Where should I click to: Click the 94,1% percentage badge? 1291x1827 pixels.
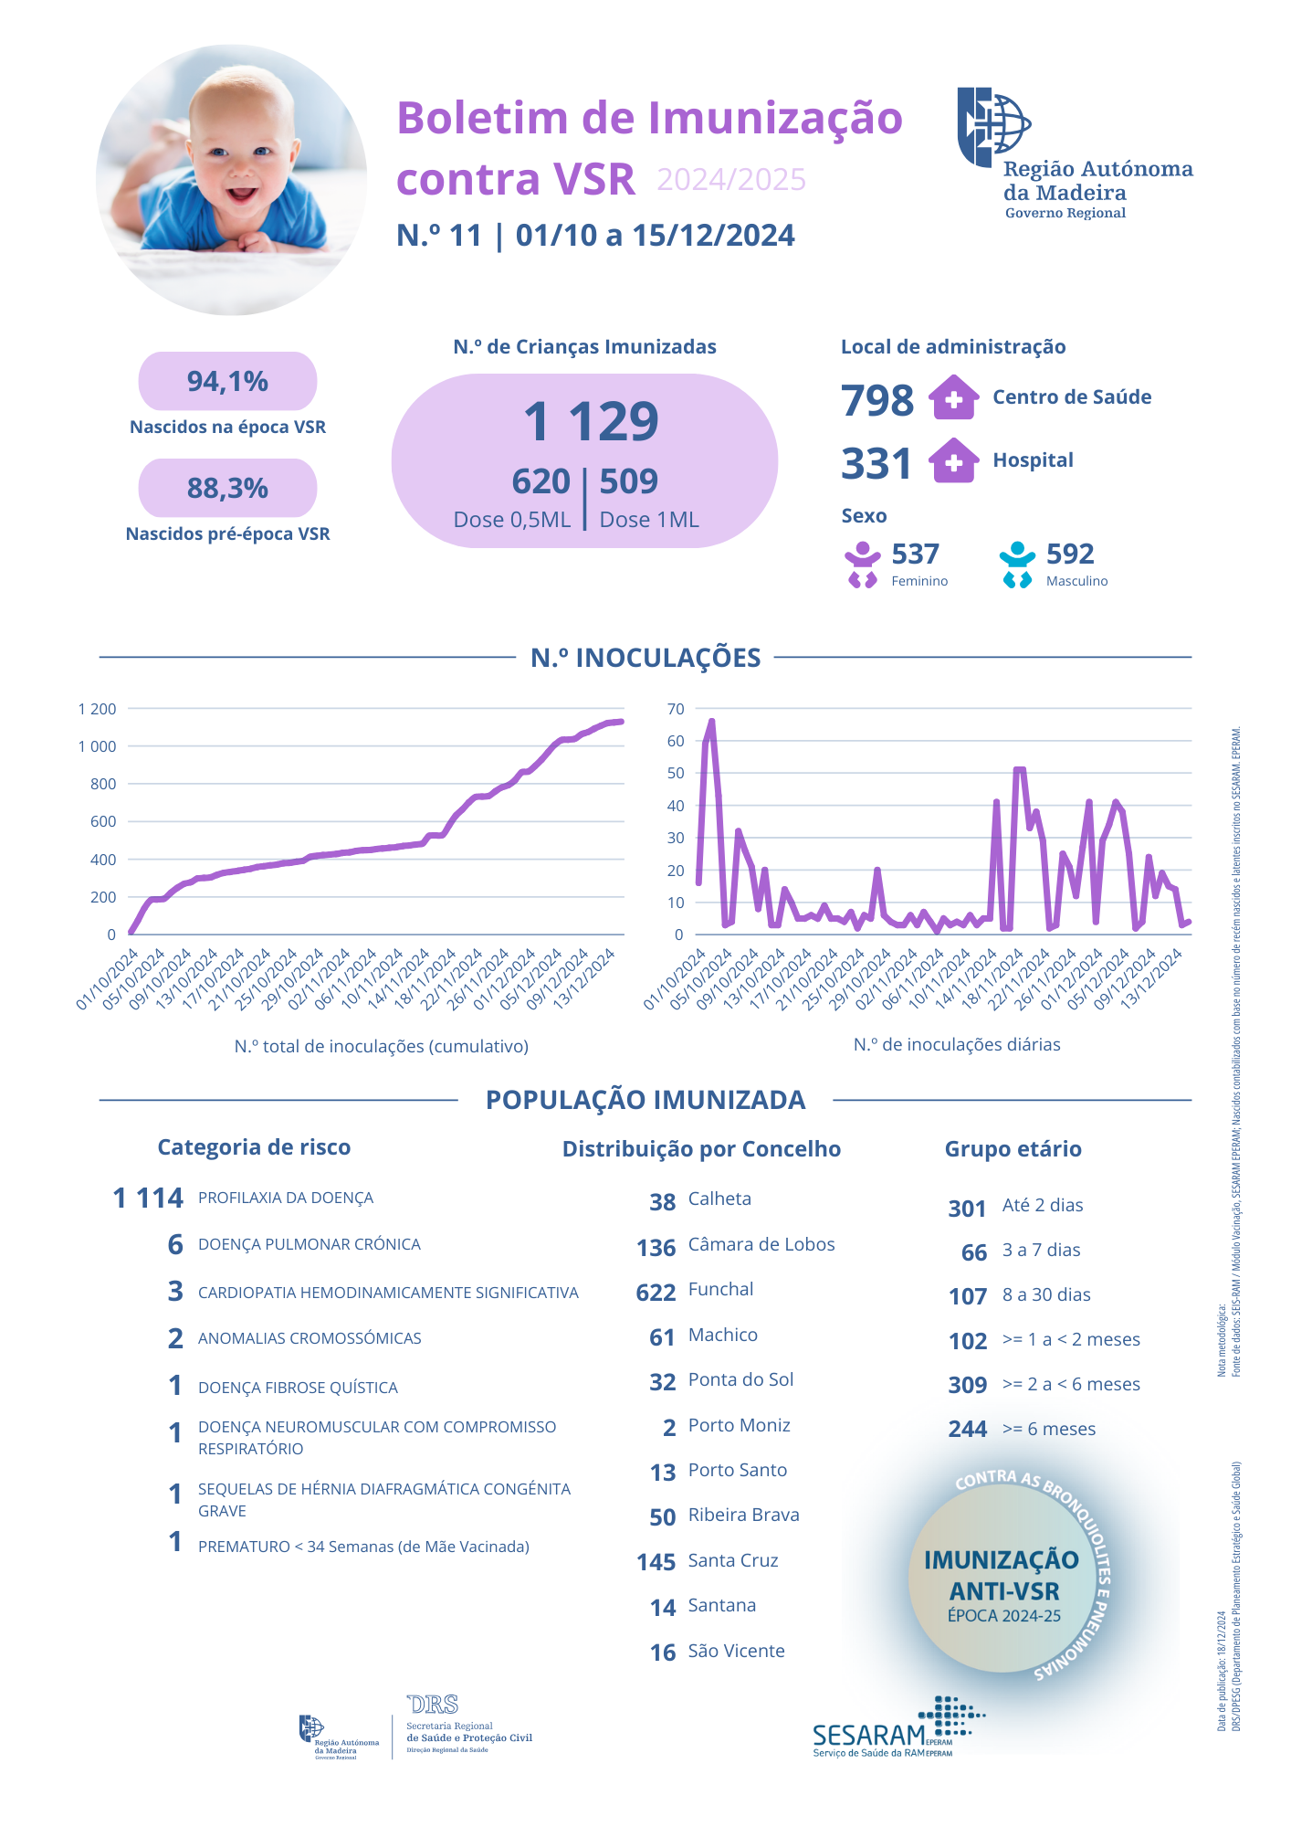point(227,381)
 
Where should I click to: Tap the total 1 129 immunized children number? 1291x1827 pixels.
point(591,421)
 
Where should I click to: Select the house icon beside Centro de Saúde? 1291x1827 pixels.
point(953,398)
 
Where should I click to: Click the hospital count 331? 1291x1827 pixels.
point(876,463)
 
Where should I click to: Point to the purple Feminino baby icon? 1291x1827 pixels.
point(862,565)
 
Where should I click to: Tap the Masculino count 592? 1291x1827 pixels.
point(1070,554)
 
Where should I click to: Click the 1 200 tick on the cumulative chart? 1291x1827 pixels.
point(98,709)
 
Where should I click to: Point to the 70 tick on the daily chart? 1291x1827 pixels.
point(676,709)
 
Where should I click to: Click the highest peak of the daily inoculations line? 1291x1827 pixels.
point(711,722)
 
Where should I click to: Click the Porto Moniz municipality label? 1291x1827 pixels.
point(739,1425)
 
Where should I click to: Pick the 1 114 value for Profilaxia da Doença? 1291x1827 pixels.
point(148,1198)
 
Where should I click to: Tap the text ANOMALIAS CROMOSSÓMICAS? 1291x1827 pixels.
point(310,1338)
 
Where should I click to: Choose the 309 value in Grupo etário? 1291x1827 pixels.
point(968,1385)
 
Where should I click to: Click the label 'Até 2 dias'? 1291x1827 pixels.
point(1043,1205)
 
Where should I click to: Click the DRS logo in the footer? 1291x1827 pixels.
point(433,1705)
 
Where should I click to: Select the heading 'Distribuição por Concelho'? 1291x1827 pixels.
point(701,1149)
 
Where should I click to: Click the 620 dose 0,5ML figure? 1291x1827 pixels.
point(541,481)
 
